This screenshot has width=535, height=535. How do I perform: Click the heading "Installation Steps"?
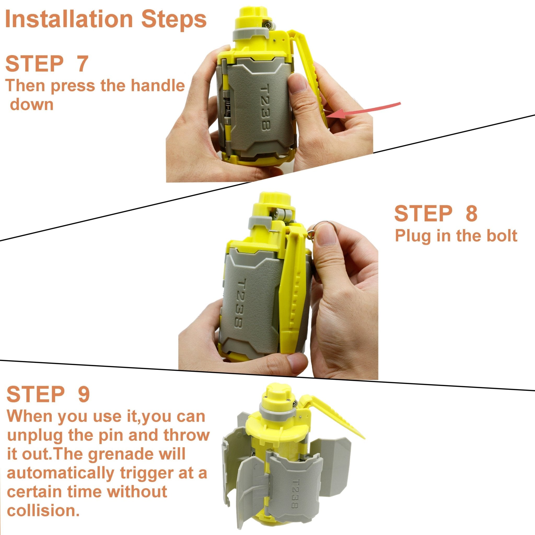(106, 19)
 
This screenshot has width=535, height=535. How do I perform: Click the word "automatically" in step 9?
(60, 473)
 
